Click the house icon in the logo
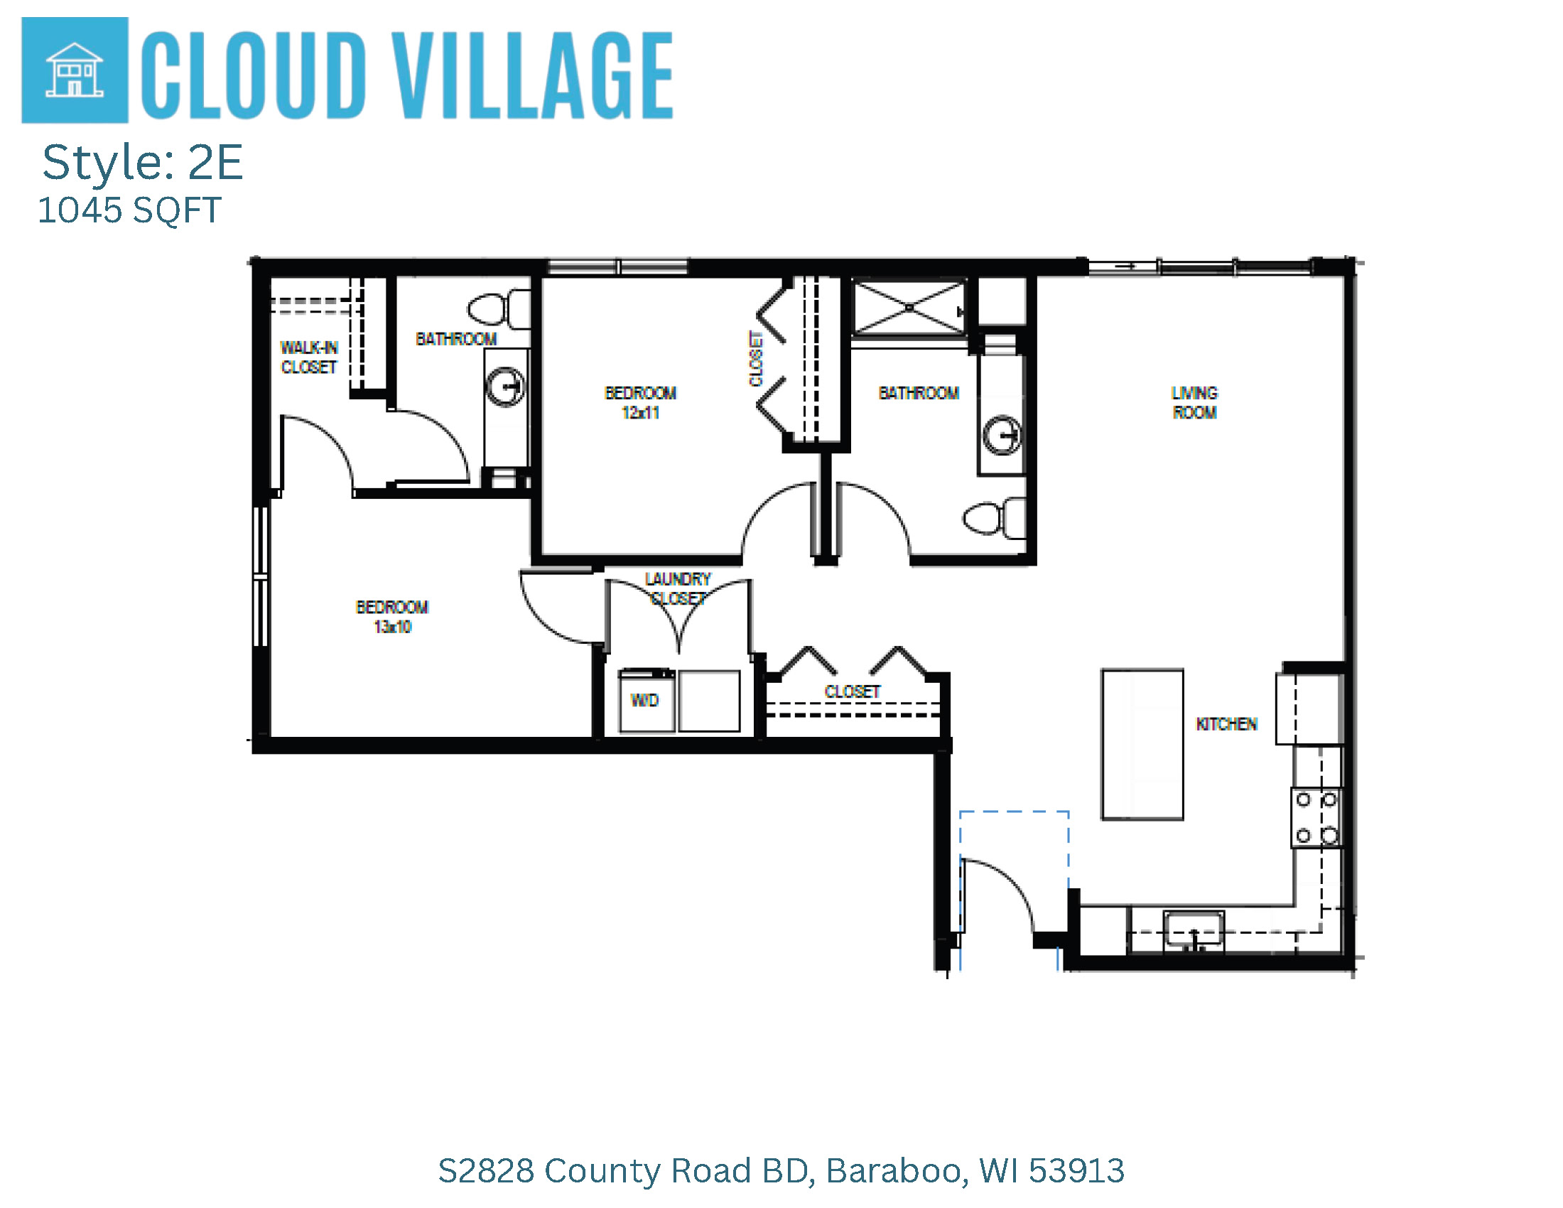click(75, 70)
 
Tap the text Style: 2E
click(142, 163)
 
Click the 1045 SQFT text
click(129, 210)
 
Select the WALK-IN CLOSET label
click(308, 357)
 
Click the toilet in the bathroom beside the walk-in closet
click(499, 310)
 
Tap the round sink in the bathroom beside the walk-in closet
click(505, 387)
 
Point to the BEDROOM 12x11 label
click(641, 403)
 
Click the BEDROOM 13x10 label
click(392, 617)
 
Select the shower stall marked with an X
click(909, 308)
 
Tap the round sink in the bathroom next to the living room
click(1002, 435)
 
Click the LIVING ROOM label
click(1194, 402)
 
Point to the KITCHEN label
click(1227, 724)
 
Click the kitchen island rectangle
click(1142, 744)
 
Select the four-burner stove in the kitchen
click(1316, 818)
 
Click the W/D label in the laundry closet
click(645, 701)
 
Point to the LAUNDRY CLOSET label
click(678, 588)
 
